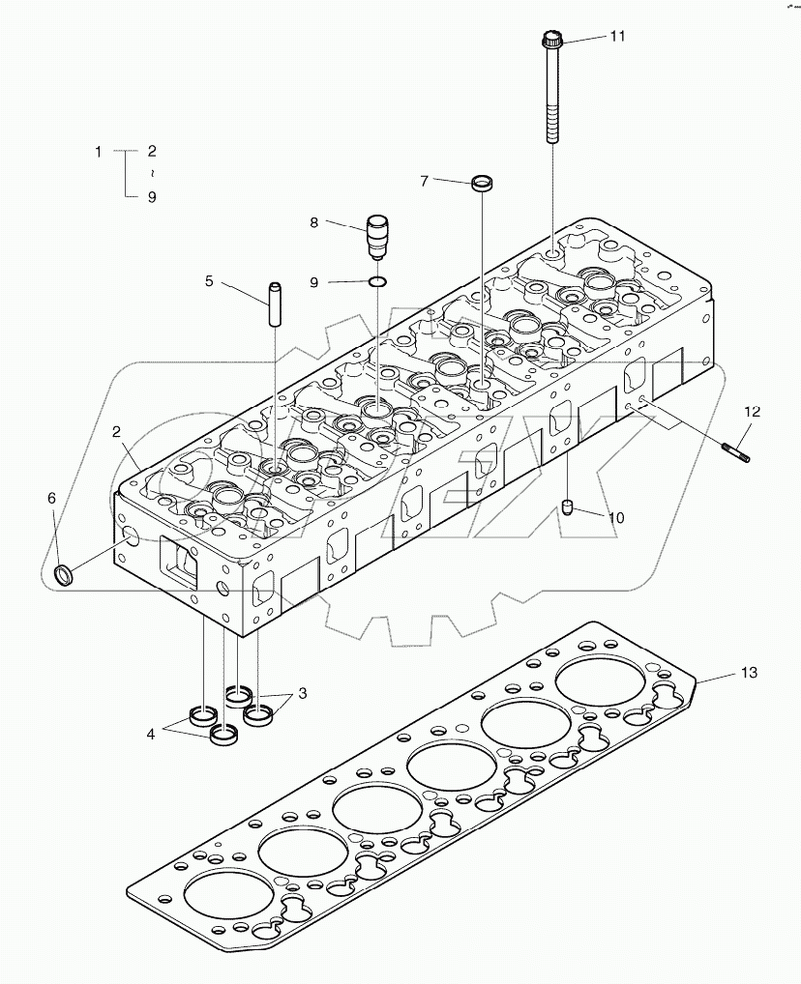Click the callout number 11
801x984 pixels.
(x=617, y=37)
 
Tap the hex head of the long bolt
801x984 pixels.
(x=552, y=41)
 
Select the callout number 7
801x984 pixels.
(x=424, y=181)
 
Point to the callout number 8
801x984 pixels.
(x=314, y=223)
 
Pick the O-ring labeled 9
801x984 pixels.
(x=378, y=282)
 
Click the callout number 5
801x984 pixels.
(x=209, y=282)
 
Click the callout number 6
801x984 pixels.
(x=52, y=498)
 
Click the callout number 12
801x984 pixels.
(x=753, y=412)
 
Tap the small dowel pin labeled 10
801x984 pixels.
(x=570, y=506)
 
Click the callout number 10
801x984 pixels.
(x=615, y=518)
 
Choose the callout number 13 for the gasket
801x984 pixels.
(x=751, y=672)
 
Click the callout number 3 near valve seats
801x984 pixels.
(x=303, y=693)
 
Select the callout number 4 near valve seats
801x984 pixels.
(x=151, y=734)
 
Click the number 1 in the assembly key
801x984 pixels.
(x=98, y=152)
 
